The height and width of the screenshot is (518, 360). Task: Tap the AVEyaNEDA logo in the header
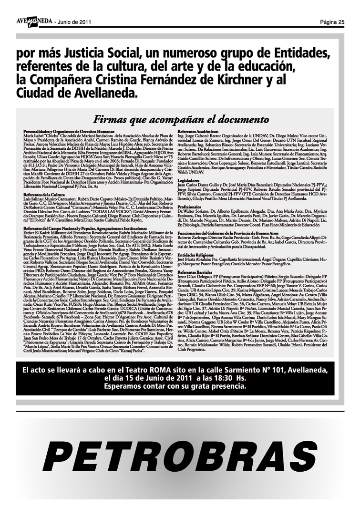(x=34, y=21)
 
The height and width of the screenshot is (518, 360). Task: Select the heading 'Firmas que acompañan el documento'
(x=181, y=119)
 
